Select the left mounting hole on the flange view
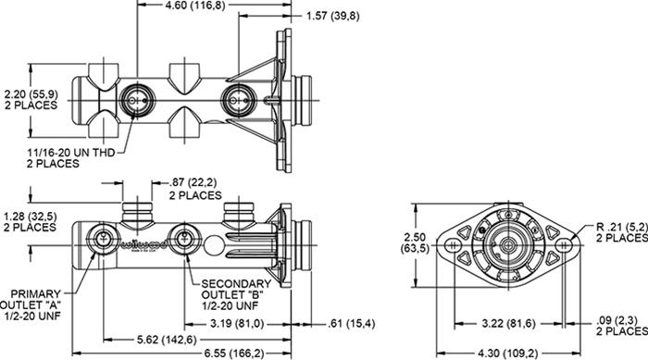click(451, 245)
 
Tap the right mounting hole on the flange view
click(563, 245)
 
